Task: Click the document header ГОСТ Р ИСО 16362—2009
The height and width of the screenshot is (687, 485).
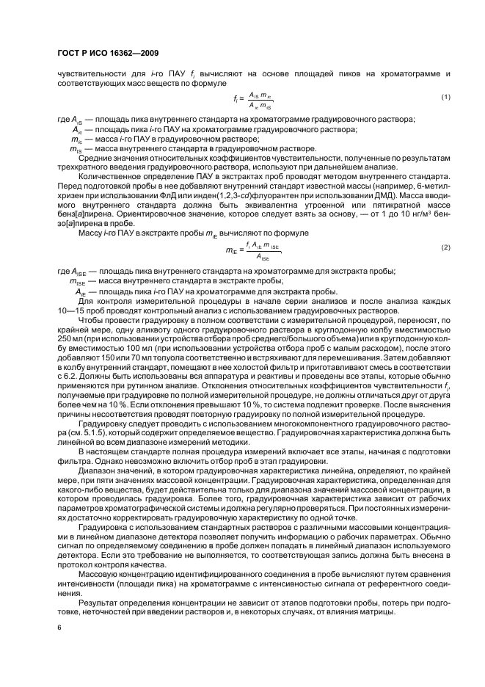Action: tap(107, 53)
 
